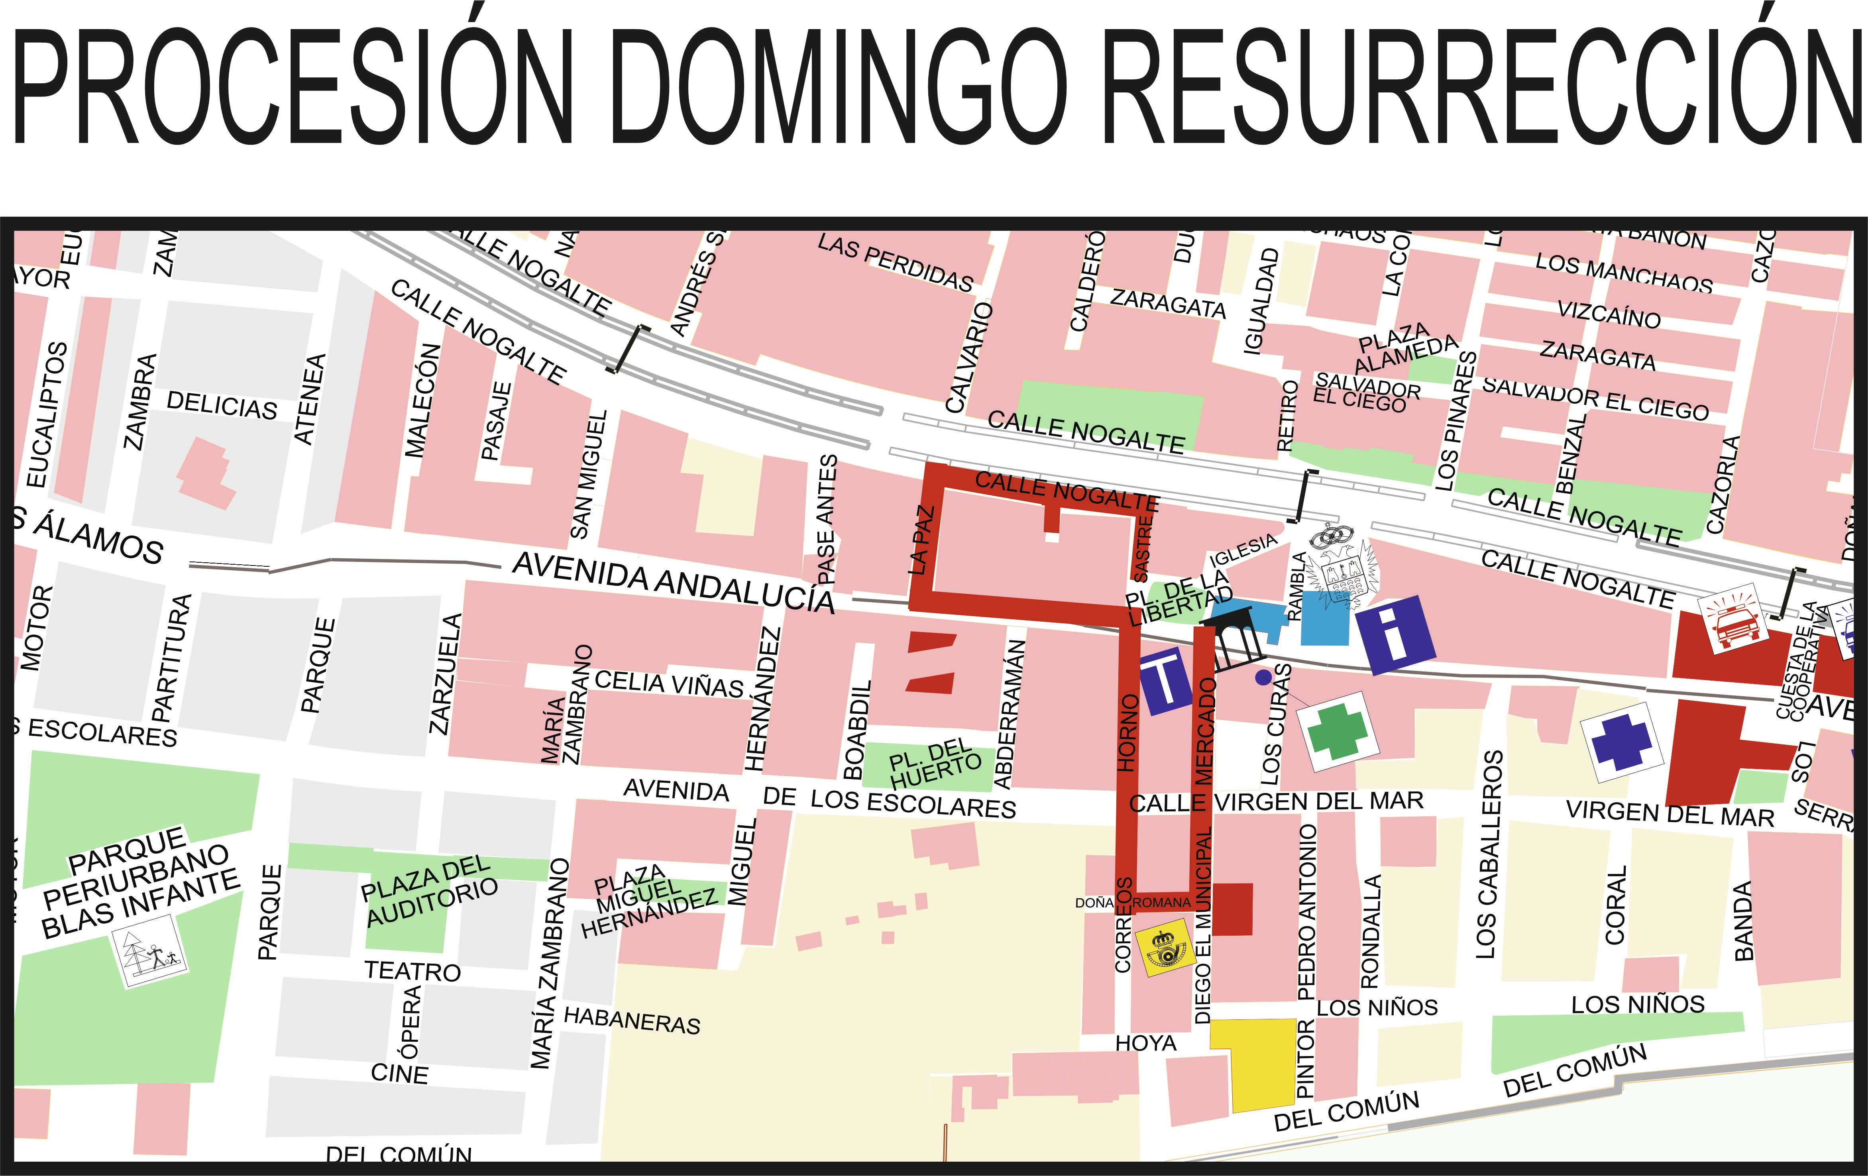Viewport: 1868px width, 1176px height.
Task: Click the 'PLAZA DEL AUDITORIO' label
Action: coord(429,891)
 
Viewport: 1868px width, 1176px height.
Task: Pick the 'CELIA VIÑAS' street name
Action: coord(669,683)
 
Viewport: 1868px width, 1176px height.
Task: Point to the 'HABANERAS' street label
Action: coord(631,1020)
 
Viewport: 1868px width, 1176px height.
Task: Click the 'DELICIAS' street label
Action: coord(222,405)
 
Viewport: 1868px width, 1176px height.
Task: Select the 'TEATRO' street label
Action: coord(413,970)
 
